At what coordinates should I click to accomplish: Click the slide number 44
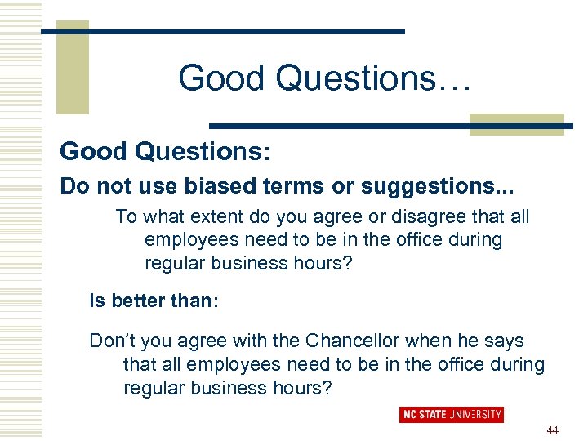tap(553, 430)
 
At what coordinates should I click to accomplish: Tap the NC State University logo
tap(451, 414)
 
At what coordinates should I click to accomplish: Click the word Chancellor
tap(350, 341)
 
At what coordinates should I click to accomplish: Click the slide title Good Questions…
tap(324, 78)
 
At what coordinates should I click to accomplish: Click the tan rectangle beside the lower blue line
tap(516, 122)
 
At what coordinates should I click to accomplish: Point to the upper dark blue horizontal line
tap(223, 32)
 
